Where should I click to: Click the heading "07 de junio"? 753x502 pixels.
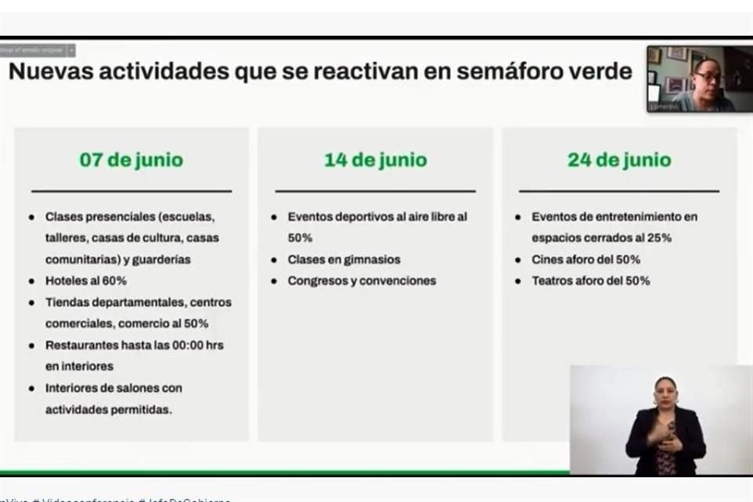(x=131, y=160)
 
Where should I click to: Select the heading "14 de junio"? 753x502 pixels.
(x=376, y=160)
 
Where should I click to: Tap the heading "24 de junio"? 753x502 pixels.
(x=619, y=160)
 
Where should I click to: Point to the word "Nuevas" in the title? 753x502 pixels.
(x=52, y=71)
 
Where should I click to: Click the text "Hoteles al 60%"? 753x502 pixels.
(x=86, y=280)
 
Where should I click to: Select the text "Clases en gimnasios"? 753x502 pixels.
(x=344, y=259)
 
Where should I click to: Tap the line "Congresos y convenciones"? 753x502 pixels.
(x=362, y=280)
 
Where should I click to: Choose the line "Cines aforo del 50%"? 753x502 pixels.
(x=586, y=259)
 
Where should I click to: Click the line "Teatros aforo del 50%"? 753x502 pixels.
(x=591, y=280)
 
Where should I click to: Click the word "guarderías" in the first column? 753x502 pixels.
(x=162, y=259)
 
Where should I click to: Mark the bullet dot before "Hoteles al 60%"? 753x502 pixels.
(x=31, y=280)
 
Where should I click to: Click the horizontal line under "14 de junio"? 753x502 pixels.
(x=375, y=191)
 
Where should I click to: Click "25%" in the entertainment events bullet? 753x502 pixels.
(x=657, y=238)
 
